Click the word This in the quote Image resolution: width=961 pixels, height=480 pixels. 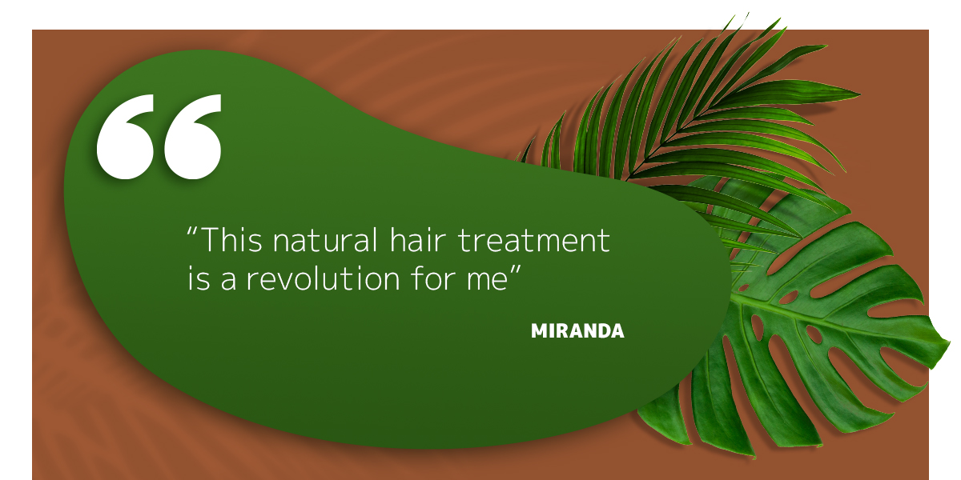point(231,239)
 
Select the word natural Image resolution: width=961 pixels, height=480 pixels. point(325,239)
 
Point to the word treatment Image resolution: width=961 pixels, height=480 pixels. point(533,241)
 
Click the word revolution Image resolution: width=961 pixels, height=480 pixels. point(323,278)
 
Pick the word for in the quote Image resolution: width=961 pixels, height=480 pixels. point(433,278)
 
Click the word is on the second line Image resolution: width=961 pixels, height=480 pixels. point(199,279)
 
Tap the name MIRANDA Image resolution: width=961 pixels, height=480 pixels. point(577,331)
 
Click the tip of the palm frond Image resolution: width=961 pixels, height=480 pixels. point(748,14)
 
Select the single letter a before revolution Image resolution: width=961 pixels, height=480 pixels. point(229,281)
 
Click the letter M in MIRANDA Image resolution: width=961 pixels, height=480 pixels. point(539,331)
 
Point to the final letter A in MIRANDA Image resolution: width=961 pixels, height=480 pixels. point(617,331)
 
